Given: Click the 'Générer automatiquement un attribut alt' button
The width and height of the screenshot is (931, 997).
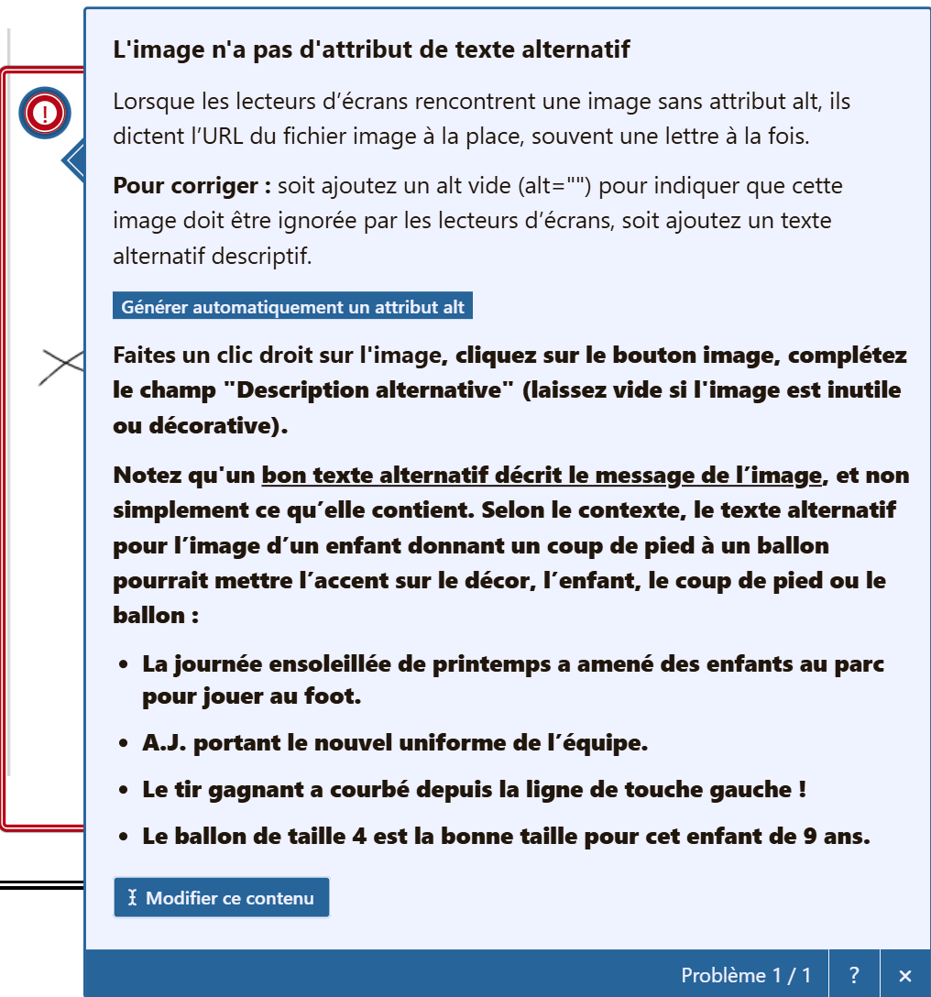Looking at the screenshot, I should [292, 307].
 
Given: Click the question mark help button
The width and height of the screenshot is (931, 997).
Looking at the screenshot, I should [854, 975].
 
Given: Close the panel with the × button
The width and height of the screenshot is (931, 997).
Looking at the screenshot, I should [905, 975].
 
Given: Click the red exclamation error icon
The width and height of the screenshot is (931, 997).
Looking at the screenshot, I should [44, 114].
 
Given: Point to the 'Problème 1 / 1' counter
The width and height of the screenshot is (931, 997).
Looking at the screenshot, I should [746, 975].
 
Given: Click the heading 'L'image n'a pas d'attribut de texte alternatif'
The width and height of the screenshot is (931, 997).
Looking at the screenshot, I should [371, 49].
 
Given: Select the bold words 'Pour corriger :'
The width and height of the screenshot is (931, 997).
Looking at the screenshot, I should [192, 186].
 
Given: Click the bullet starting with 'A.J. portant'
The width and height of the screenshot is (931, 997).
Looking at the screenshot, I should [395, 743].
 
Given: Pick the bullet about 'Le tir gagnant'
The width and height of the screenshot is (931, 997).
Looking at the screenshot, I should [474, 789].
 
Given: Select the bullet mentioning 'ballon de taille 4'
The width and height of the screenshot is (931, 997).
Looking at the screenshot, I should [505, 836].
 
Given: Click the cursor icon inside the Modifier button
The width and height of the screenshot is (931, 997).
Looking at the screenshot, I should [132, 898].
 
